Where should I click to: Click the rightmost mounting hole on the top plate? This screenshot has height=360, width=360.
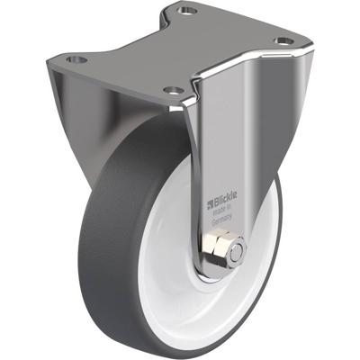point(283,41)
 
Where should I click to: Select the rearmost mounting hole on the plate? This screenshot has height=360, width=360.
point(186,12)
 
